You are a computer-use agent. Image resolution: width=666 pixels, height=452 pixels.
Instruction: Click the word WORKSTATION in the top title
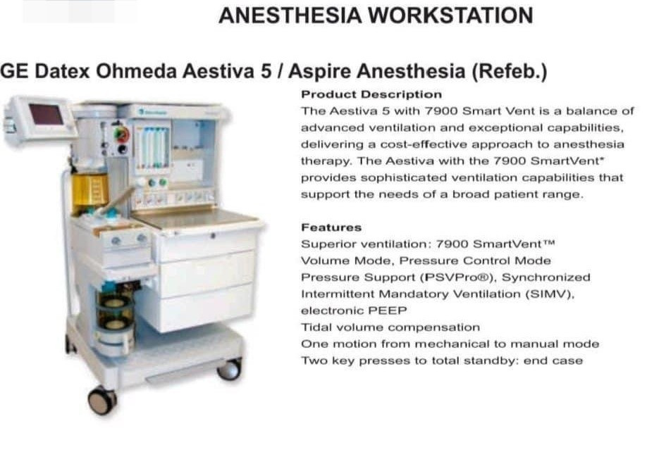point(450,15)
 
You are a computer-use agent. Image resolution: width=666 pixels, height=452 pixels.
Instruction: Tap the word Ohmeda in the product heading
point(135,71)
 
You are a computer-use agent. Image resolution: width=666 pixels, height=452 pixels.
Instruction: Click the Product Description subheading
point(371,94)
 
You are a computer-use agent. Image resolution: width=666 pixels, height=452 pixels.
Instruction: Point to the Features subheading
point(331,227)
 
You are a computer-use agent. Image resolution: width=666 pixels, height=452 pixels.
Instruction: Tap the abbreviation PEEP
point(388,310)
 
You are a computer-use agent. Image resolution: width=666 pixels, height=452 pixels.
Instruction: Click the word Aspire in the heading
point(319,71)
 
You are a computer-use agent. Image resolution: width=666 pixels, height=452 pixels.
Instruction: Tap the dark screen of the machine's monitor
point(46,114)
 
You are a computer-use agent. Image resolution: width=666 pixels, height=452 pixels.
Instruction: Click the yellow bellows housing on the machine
point(90,192)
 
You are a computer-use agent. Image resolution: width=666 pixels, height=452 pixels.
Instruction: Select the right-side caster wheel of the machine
point(229,369)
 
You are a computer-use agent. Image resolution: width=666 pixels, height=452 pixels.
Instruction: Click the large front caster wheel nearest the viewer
point(102,400)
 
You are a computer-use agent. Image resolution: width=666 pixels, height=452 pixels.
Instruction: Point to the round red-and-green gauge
point(121,134)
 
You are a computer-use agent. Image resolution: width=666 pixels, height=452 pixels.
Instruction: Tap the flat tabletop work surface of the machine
point(197,217)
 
